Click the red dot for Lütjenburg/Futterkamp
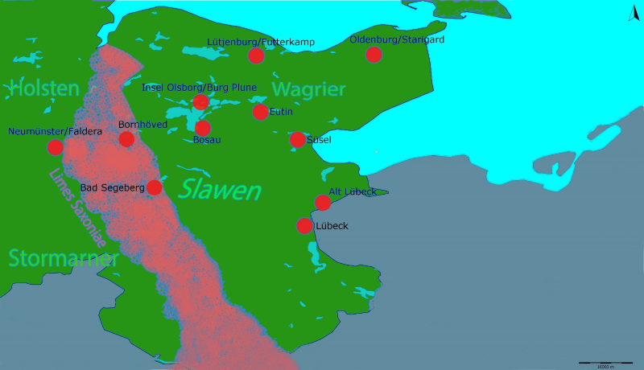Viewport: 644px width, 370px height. [256, 55]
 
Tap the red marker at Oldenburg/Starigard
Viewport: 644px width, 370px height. [374, 54]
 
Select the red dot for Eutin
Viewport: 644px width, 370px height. [260, 112]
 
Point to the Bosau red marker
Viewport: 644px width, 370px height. [203, 128]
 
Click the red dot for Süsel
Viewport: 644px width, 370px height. [297, 140]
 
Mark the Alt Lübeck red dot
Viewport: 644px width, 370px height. [323, 202]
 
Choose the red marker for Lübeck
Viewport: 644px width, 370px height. [304, 226]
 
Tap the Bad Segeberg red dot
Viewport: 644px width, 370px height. [154, 187]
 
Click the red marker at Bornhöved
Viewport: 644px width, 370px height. [126, 139]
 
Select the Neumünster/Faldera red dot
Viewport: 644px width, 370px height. [55, 147]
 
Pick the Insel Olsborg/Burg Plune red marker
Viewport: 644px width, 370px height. [200, 101]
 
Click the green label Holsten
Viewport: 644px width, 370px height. [45, 88]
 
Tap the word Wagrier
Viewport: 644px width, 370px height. [308, 88]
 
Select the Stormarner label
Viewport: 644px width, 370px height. [64, 258]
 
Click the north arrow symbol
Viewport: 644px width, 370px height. [630, 12]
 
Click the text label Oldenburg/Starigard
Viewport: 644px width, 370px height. [397, 39]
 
